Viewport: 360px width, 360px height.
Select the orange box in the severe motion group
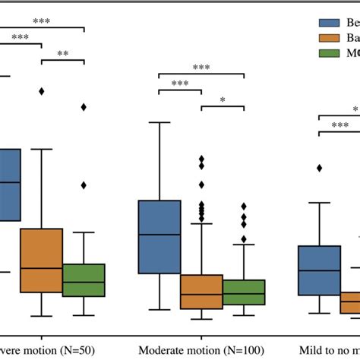[41, 260]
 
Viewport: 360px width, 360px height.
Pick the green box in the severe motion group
[84, 280]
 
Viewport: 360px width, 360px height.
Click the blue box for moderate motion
[159, 236]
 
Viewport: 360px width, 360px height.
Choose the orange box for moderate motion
[201, 292]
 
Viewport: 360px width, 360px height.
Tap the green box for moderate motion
[244, 292]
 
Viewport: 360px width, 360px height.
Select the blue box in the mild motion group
[319, 270]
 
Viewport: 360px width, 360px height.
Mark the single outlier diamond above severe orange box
[41, 91]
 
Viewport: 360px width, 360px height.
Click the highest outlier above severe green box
[84, 107]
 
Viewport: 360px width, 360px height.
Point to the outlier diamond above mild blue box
[319, 168]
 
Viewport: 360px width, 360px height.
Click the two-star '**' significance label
[62, 54]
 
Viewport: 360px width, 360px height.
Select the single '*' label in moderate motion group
[223, 100]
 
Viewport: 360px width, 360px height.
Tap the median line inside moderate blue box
[159, 234]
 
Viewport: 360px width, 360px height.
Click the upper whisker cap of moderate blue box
[159, 122]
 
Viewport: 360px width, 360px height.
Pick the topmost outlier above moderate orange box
[201, 158]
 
